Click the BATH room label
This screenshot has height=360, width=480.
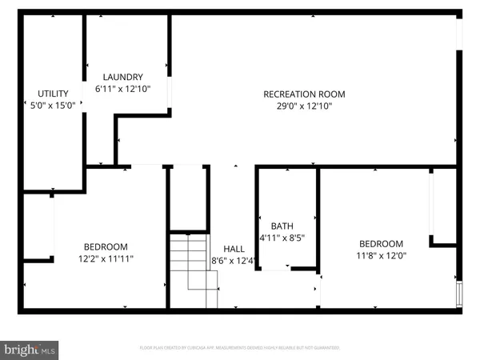point(282,226)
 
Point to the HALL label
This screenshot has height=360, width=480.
point(234,249)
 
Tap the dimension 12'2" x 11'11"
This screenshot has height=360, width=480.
point(106,258)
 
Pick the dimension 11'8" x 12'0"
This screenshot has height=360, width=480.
point(381,256)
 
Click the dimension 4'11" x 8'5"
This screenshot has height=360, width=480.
point(282,238)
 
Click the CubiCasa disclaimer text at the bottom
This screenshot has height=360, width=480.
point(240,348)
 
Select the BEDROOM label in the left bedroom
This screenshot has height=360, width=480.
point(106,246)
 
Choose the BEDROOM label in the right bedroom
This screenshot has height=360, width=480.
point(381,244)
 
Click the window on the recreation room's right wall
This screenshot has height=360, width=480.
point(459,32)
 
